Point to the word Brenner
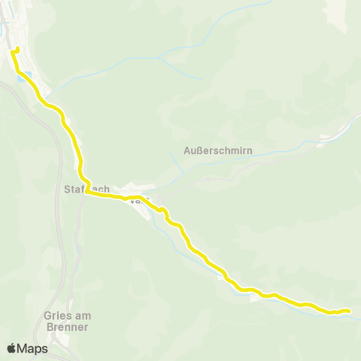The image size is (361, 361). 65,327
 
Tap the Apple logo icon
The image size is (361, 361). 11,348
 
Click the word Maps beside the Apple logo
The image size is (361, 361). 33,348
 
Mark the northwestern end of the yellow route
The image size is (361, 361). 16,49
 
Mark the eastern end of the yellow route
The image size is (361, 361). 350,310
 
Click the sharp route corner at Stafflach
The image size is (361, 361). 86,192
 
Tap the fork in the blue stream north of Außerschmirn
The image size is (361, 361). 161,57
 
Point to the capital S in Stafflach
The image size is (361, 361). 70,188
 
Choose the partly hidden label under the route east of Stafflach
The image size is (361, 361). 136,201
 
